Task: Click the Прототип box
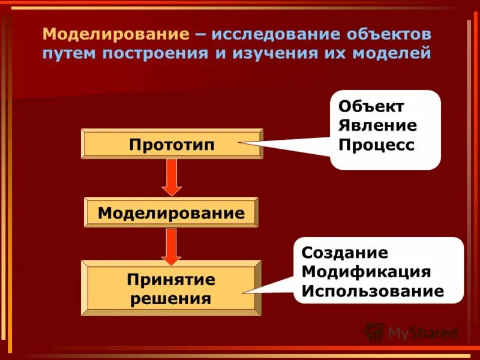[172, 144]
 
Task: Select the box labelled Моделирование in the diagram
[171, 212]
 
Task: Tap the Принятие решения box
[171, 288]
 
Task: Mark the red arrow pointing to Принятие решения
[172, 245]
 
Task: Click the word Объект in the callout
[371, 107]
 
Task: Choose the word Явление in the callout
[377, 126]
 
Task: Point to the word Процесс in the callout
[376, 145]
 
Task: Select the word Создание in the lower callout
[344, 253]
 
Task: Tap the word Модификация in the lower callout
[366, 272]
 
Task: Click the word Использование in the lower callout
[373, 292]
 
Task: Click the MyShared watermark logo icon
[374, 332]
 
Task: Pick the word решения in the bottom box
[171, 298]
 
